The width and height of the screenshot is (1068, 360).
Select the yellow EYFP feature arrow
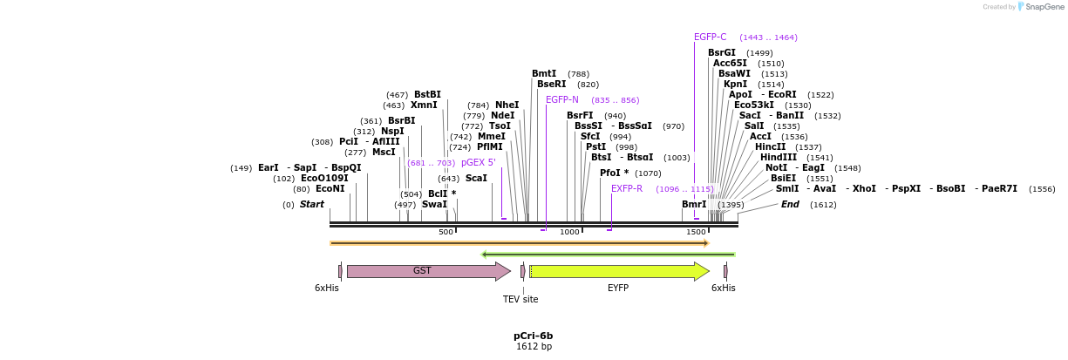coord(618,271)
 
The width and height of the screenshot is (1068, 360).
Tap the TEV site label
coord(520,299)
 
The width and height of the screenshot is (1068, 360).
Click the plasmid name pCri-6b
coord(533,336)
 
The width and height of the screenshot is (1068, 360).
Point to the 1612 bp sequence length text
coord(533,347)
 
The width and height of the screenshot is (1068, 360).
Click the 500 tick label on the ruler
coord(446,232)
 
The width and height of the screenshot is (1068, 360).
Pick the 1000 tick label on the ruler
coord(569,232)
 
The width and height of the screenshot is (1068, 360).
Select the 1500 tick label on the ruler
coord(696,232)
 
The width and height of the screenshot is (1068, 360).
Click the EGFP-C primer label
coord(710,37)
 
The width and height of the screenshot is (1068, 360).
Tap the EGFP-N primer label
coord(561,100)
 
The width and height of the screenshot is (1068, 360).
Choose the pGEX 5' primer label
coord(479,163)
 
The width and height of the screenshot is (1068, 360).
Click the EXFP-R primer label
coord(627,189)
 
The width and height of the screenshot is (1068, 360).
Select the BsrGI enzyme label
coord(722,52)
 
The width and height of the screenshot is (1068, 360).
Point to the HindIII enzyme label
coord(778,158)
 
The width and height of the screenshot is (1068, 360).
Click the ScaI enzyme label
coord(476,178)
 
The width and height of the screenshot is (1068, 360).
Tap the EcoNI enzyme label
coord(330,189)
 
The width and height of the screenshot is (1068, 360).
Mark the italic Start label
coord(311,205)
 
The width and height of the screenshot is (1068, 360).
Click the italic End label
coord(790,205)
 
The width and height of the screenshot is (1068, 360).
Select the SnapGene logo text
coord(1045,7)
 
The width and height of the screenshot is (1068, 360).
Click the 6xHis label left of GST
coord(327,288)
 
